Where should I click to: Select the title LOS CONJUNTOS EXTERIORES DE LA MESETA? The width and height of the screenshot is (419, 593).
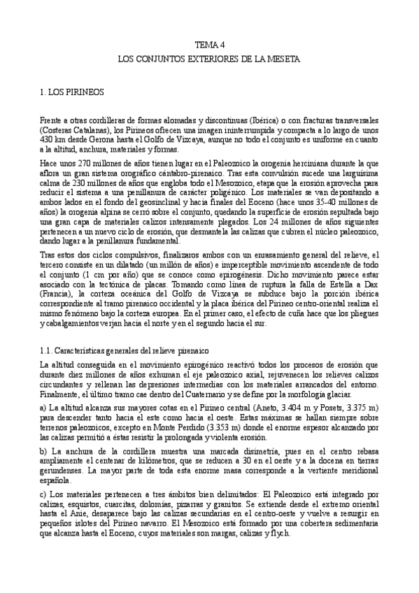tap(209, 61)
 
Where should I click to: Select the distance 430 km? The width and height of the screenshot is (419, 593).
tap(52, 139)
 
